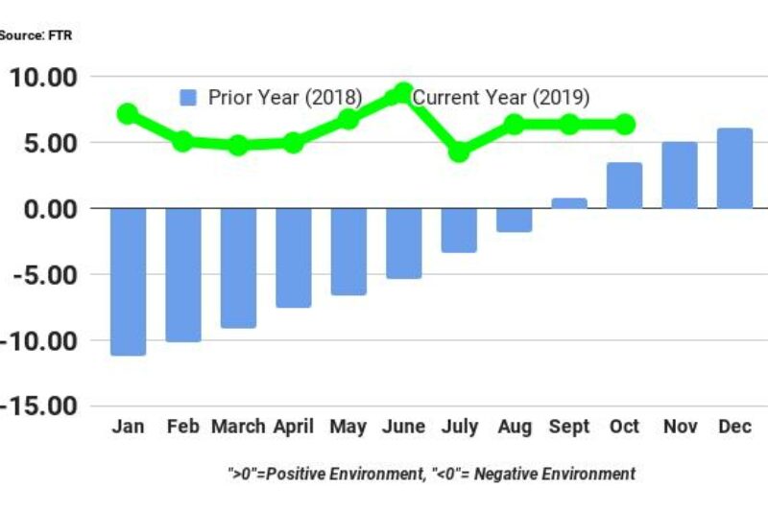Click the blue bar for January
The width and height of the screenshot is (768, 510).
coord(128,281)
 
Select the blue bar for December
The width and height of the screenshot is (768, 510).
coord(734,169)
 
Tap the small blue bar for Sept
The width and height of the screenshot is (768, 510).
coord(569,203)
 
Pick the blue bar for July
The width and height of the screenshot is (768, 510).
coord(459,230)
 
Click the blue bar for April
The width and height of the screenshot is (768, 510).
coord(294,257)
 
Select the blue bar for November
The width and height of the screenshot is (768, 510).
coord(680,175)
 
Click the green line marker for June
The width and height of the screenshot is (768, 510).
coord(403,93)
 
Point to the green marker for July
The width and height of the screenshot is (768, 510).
coord(459,151)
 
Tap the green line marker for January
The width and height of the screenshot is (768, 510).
coord(128,114)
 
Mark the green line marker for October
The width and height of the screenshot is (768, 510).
coord(624,125)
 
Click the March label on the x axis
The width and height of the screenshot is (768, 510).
coord(238,428)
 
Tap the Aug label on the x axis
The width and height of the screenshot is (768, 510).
coord(514,428)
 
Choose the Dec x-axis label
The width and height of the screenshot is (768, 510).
coord(734,428)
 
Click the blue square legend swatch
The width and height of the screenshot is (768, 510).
coord(189,98)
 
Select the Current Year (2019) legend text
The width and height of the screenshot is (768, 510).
coord(501,98)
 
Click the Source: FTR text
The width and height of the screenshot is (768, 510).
coord(36,35)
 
